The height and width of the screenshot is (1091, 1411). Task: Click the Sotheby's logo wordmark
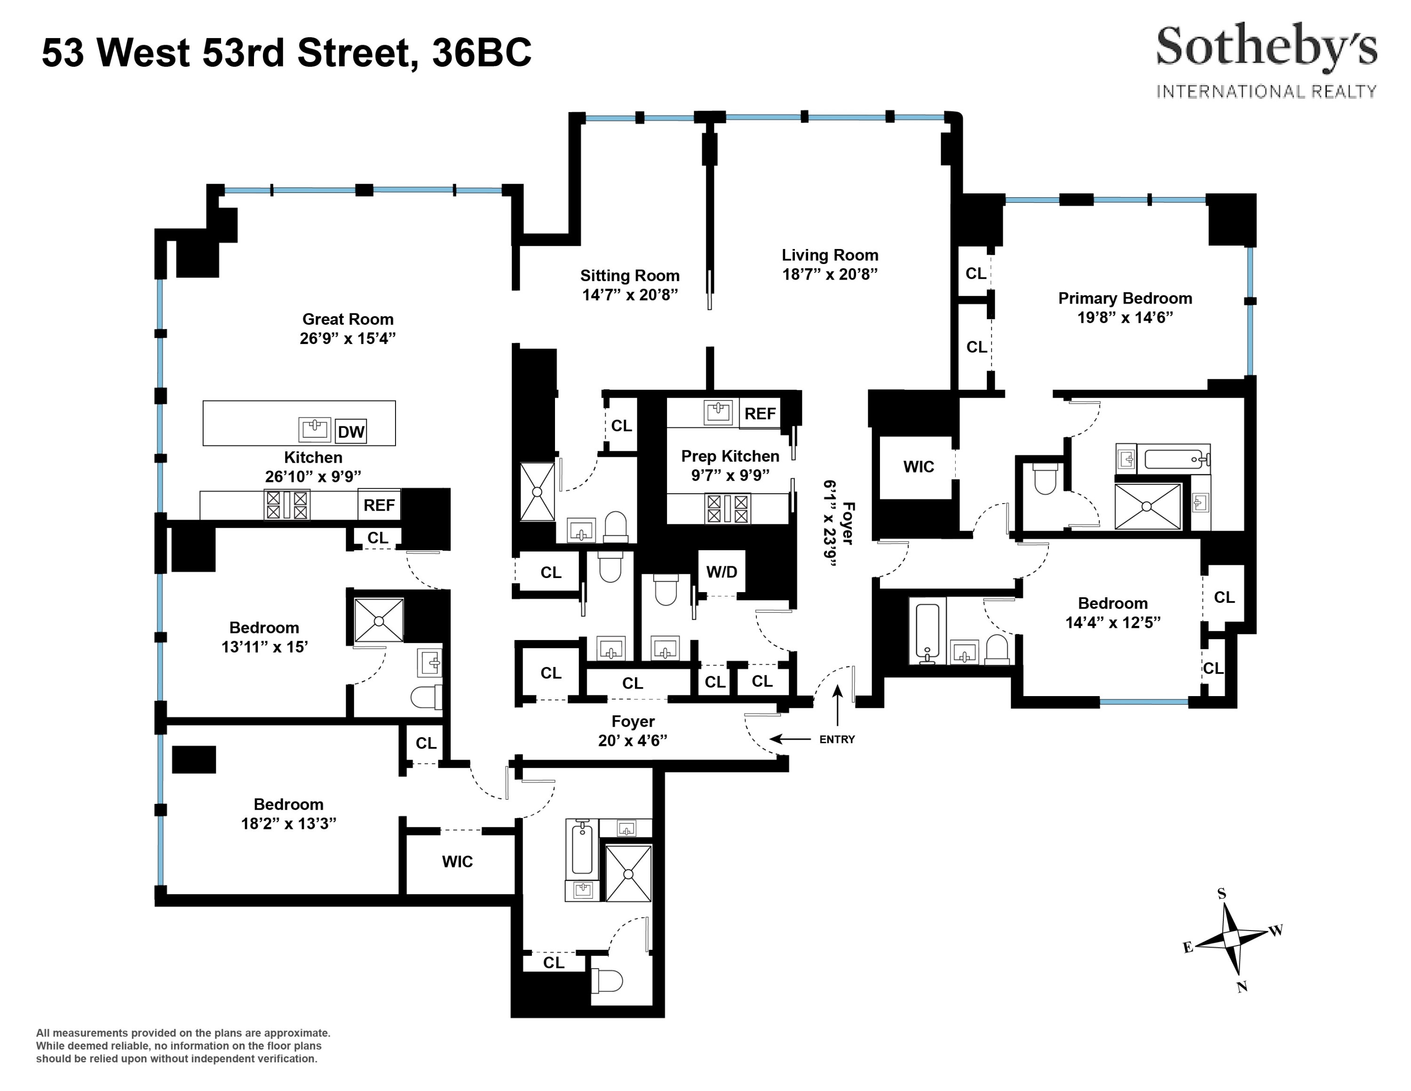click(x=1266, y=47)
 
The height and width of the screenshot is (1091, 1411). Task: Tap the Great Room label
click(x=348, y=319)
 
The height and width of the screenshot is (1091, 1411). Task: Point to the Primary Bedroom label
click(x=1125, y=298)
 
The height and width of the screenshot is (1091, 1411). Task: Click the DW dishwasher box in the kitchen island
click(x=351, y=432)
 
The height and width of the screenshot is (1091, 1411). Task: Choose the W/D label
click(x=721, y=572)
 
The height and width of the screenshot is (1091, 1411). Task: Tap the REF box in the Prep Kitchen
click(x=760, y=414)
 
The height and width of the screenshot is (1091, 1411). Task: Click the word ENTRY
click(x=837, y=739)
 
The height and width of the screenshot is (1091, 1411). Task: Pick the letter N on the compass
click(x=1242, y=987)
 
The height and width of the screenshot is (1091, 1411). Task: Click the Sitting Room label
click(x=629, y=276)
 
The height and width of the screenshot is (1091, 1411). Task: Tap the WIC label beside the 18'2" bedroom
click(x=458, y=862)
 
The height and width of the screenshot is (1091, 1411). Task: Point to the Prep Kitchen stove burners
click(x=728, y=509)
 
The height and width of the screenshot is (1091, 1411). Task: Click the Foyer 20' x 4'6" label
click(x=633, y=731)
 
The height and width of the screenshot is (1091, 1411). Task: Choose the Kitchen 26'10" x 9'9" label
click(x=313, y=466)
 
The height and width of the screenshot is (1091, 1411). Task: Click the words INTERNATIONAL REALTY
click(x=1266, y=92)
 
